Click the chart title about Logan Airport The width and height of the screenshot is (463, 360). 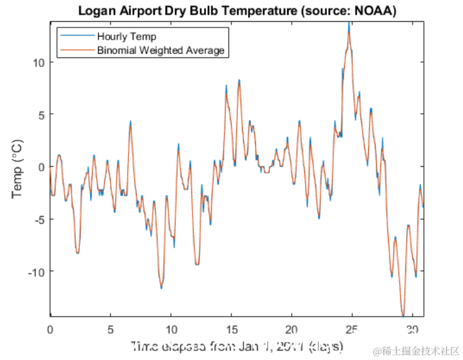click(237, 11)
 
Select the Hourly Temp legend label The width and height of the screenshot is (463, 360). click(127, 36)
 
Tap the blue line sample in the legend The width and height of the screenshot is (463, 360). click(76, 36)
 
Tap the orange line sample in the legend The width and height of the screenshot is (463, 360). click(76, 50)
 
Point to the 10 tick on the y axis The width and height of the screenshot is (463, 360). click(38, 63)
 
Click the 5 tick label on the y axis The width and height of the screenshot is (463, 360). click(41, 114)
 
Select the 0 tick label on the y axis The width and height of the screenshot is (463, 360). click(41, 167)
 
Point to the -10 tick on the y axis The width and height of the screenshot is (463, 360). click(36, 272)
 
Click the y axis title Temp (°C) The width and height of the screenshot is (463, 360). click(17, 168)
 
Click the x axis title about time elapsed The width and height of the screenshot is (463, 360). click(237, 347)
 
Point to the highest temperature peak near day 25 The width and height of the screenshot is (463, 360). click(349, 24)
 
